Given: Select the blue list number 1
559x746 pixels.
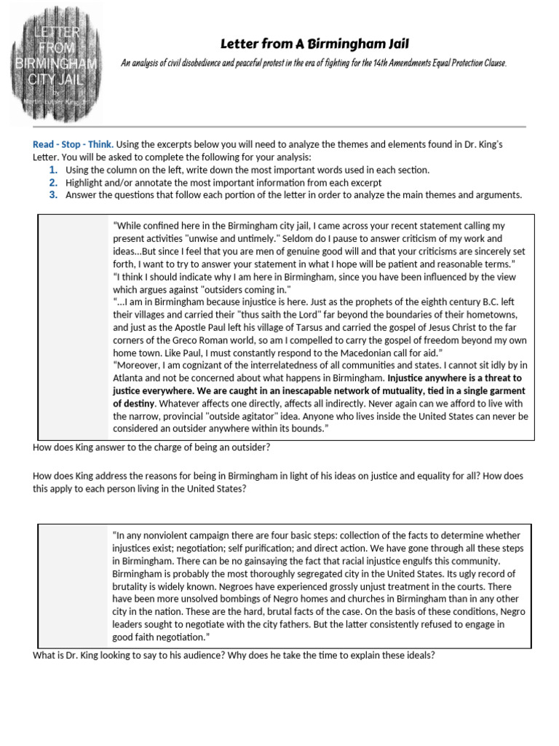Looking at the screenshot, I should (53, 170).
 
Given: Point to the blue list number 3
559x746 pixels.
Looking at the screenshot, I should (53, 195).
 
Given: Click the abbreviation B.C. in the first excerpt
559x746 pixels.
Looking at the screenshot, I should (445, 302).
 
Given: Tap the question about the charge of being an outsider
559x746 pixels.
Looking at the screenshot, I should (151, 447).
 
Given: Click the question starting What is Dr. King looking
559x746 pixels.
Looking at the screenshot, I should (234, 655).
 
